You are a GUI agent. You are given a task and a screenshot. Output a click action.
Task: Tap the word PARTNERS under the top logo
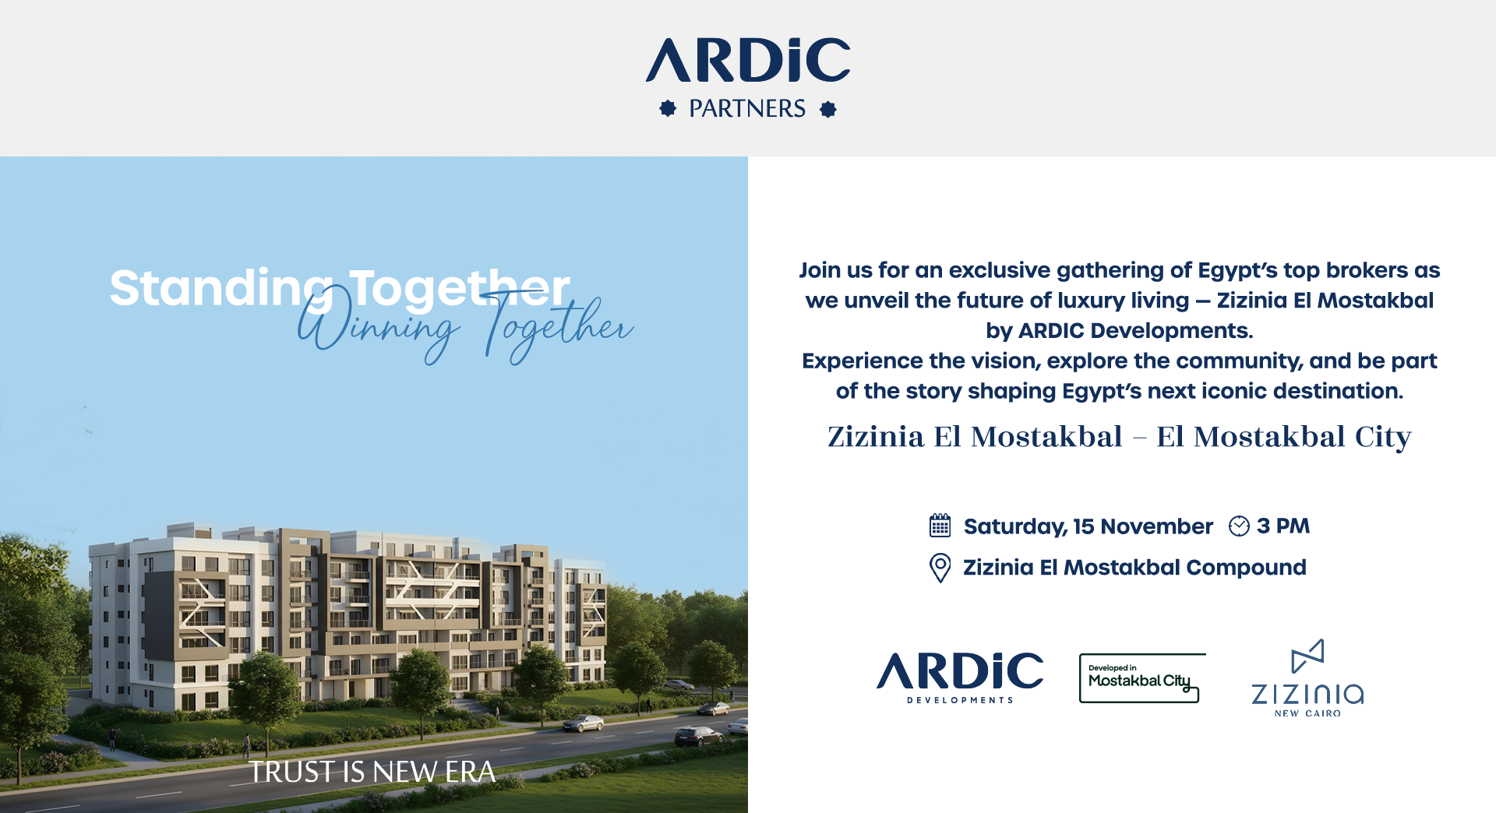[747, 108]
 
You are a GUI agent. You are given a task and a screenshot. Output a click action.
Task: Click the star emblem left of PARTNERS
[668, 108]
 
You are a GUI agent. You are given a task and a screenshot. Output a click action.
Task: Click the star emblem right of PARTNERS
[828, 109]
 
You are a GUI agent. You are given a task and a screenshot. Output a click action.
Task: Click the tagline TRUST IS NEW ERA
[372, 772]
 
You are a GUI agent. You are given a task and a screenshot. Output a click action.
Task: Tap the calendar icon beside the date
[940, 526]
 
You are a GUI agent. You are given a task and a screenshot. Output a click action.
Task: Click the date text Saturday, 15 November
[1088, 527]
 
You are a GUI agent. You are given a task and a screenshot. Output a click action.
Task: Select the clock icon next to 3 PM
[1239, 526]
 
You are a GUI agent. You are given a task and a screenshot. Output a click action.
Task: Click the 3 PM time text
[1283, 526]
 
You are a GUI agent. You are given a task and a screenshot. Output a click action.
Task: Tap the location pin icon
[940, 568]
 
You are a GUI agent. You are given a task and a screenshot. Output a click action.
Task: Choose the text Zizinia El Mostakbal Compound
[1134, 568]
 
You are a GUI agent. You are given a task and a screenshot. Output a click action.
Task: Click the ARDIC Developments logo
[960, 677]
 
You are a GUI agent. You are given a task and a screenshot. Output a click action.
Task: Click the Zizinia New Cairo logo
[1307, 678]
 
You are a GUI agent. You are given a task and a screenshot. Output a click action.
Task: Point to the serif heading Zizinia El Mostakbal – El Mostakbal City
[1119, 437]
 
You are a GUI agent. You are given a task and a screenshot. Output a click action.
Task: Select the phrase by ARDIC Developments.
[1119, 331]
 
